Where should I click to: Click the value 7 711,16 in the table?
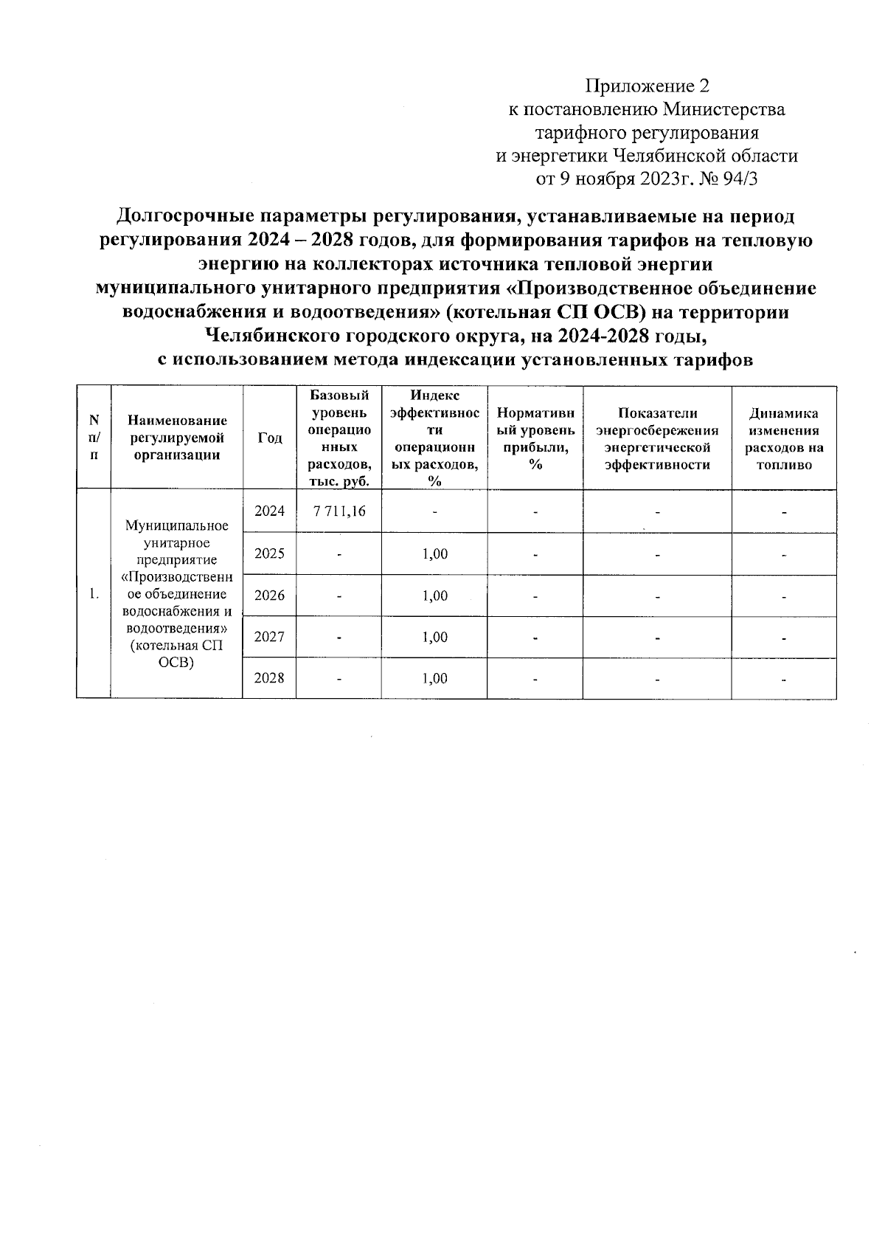pos(339,511)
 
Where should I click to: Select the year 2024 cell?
pos(269,511)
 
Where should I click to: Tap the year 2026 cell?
pos(269,596)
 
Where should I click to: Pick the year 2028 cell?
pos(269,678)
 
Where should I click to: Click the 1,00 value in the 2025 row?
pos(434,554)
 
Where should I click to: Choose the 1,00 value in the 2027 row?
pos(434,637)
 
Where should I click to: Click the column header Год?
pos(269,438)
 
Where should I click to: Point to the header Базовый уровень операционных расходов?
pos(339,438)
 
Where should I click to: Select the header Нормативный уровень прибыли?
pos(535,438)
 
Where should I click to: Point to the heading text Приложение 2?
pos(647,86)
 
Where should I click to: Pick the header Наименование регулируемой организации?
pos(176,438)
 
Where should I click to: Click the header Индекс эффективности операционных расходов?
pos(434,438)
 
